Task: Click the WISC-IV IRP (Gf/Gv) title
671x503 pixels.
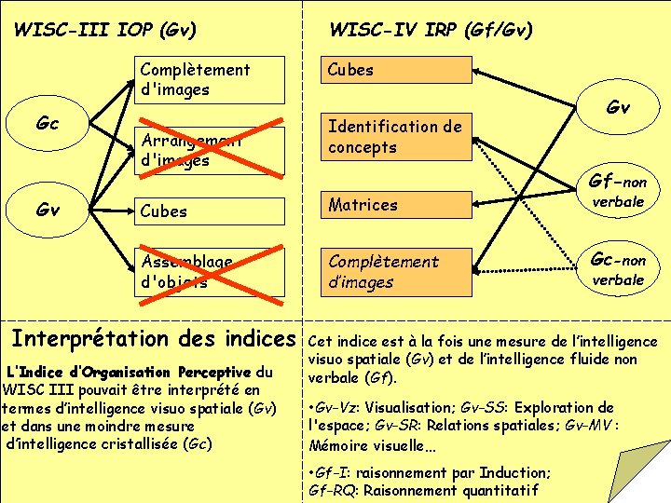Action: [431, 30]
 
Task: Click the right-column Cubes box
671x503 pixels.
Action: [397, 71]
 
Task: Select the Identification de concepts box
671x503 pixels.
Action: [397, 137]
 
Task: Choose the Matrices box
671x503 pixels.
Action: [397, 205]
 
